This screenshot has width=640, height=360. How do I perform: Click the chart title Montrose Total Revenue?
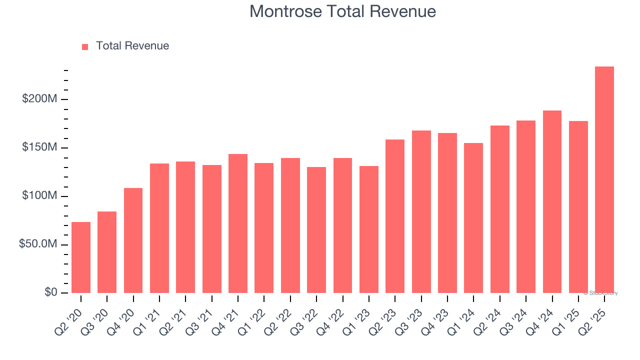[x=342, y=11]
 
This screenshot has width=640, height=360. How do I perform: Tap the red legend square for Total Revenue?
[x=85, y=46]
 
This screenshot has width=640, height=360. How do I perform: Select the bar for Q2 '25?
[x=604, y=179]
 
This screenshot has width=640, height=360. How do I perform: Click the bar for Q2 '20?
[x=81, y=257]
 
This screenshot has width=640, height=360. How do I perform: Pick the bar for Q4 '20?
[x=133, y=240]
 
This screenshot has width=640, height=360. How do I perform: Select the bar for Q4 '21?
[x=238, y=223]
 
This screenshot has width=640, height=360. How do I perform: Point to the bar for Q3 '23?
[x=421, y=211]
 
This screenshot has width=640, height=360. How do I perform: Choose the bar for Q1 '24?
[x=473, y=218]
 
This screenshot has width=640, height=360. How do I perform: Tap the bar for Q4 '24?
[x=552, y=201]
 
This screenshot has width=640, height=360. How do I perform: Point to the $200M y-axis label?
[x=39, y=99]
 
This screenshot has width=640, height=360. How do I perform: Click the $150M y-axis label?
[x=39, y=147]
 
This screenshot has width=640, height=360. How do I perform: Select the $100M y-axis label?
[x=39, y=196]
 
